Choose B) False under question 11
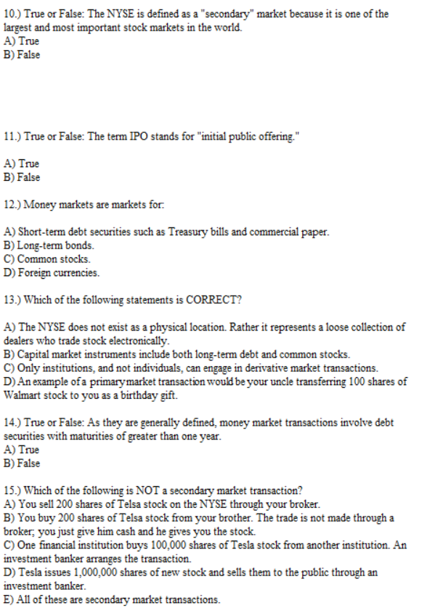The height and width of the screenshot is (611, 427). coord(22,177)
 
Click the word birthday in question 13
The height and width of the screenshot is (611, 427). coord(140,395)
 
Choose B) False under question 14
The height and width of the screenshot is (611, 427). coord(22,464)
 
